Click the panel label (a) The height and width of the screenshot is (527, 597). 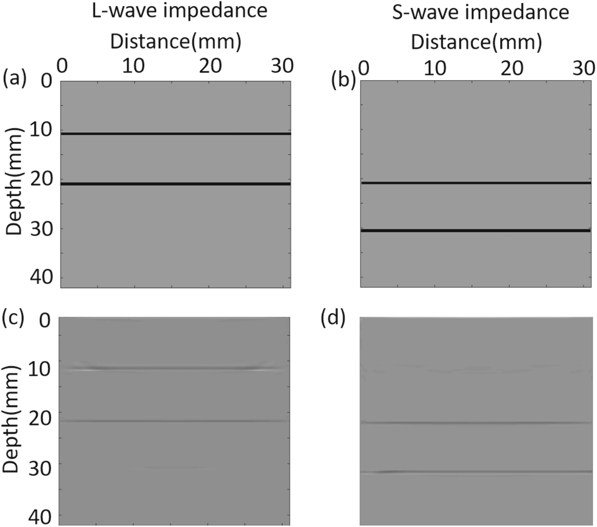[x=14, y=80]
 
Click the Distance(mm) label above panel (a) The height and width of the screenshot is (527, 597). [x=176, y=41]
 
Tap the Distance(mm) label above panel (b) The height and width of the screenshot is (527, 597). [x=476, y=41]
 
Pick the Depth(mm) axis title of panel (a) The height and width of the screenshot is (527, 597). [x=15, y=181]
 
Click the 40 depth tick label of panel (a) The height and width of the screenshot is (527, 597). [x=42, y=277]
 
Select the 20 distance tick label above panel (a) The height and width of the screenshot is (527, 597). [x=210, y=67]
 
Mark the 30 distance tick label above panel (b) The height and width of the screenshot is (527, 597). [x=583, y=68]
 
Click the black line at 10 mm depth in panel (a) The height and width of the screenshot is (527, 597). [x=176, y=134]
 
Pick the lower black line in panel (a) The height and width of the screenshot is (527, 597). [x=176, y=184]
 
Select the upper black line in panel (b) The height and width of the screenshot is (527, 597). [x=476, y=183]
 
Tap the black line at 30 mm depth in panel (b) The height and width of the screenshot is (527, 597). [x=476, y=231]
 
